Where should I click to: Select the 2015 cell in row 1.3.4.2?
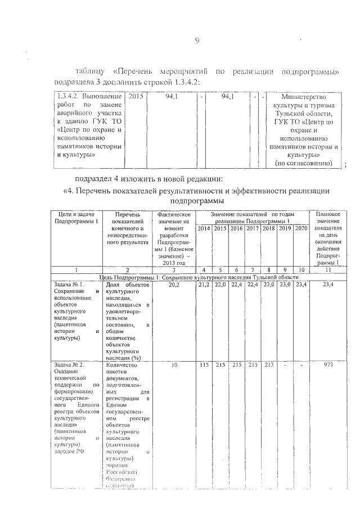[x=136, y=97]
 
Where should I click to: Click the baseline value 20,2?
[x=174, y=286]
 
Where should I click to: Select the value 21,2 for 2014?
[x=204, y=286]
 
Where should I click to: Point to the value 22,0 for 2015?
[x=220, y=286]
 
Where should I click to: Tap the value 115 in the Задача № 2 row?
[x=204, y=365]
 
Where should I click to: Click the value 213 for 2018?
[x=269, y=365]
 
